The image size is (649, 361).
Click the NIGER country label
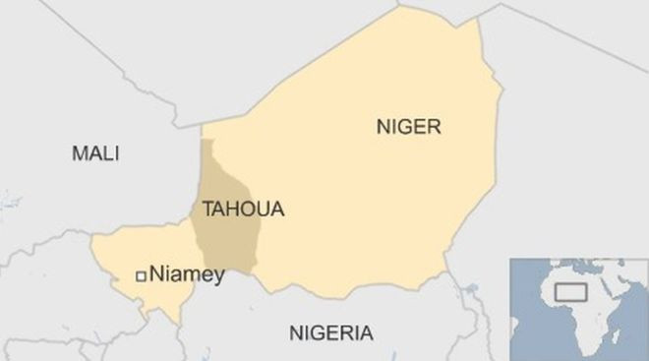(x=409, y=126)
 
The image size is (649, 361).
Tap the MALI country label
(x=95, y=153)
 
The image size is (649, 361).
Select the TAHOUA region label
(x=243, y=209)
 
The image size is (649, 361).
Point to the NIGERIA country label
(x=331, y=332)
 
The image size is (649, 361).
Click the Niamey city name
(x=187, y=275)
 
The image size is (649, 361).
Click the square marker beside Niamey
(x=142, y=276)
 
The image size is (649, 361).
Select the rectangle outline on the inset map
(x=571, y=292)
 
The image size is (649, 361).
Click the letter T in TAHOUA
(x=207, y=209)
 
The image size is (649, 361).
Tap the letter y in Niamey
(x=218, y=277)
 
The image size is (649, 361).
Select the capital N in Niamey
(x=156, y=275)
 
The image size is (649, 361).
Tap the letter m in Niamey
(x=188, y=276)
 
